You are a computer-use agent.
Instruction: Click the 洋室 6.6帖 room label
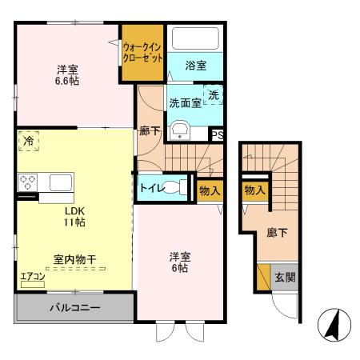click(x=67, y=74)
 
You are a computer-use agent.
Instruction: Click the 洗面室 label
click(x=185, y=103)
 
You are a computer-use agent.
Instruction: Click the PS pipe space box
click(x=217, y=135)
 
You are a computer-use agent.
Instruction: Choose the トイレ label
click(x=150, y=189)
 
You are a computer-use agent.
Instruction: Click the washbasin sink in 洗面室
click(x=180, y=130)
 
